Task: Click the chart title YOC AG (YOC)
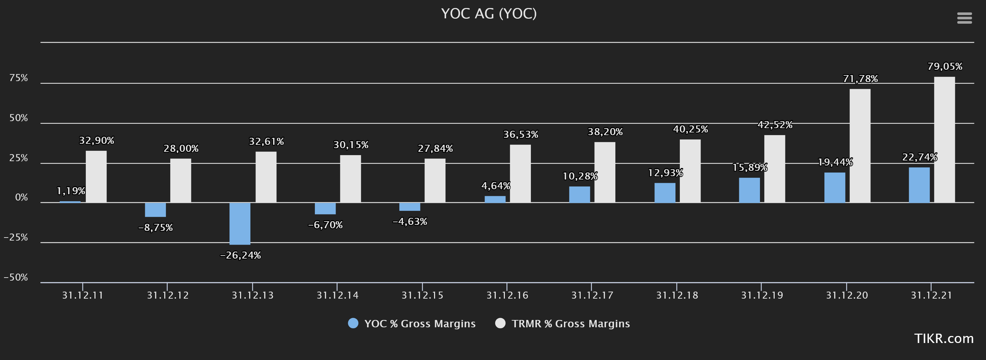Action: coord(489,14)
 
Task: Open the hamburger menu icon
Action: coord(964,18)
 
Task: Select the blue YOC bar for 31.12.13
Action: coord(240,224)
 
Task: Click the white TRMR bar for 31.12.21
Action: coord(944,140)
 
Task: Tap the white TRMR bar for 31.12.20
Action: coord(860,146)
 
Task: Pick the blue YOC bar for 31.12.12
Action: coord(155,210)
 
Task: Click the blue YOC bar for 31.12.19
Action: coord(749,190)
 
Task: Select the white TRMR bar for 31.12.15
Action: coord(435,181)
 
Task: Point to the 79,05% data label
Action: coord(945,67)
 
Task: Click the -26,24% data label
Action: coord(240,255)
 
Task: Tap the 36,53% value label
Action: coord(521,135)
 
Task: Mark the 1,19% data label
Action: coord(71,191)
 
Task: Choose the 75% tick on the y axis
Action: coord(19,78)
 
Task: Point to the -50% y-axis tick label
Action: coord(16,277)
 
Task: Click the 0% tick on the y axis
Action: coord(21,198)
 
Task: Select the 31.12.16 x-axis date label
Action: coord(507,295)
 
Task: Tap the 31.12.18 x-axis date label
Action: coord(677,295)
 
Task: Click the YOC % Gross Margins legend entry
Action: coord(412,324)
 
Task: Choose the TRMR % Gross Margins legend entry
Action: coord(562,324)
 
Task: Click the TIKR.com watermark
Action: coord(944,339)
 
